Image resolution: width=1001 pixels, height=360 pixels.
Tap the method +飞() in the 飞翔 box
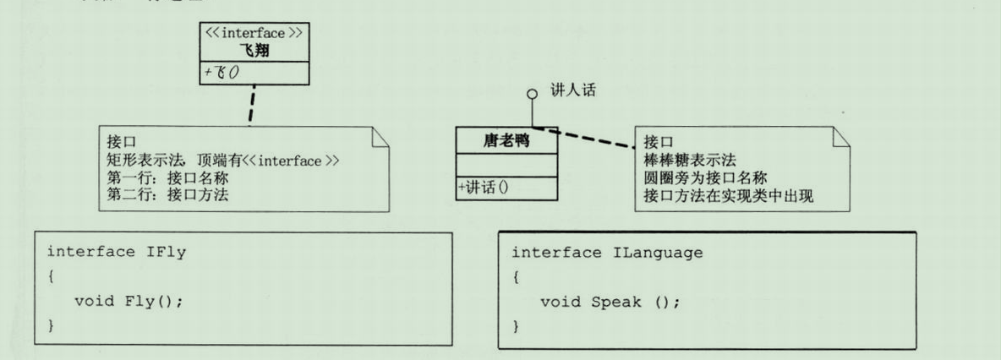tap(222, 73)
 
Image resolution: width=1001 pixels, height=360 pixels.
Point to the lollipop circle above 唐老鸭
tap(531, 93)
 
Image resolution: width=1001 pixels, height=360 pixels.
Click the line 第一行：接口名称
tap(167, 177)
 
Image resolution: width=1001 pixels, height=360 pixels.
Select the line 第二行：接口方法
tap(167, 194)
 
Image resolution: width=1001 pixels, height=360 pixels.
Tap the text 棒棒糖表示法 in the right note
tap(689, 159)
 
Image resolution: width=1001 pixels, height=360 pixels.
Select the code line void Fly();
tap(129, 301)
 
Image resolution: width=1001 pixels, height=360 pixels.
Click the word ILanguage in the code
tap(643, 253)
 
